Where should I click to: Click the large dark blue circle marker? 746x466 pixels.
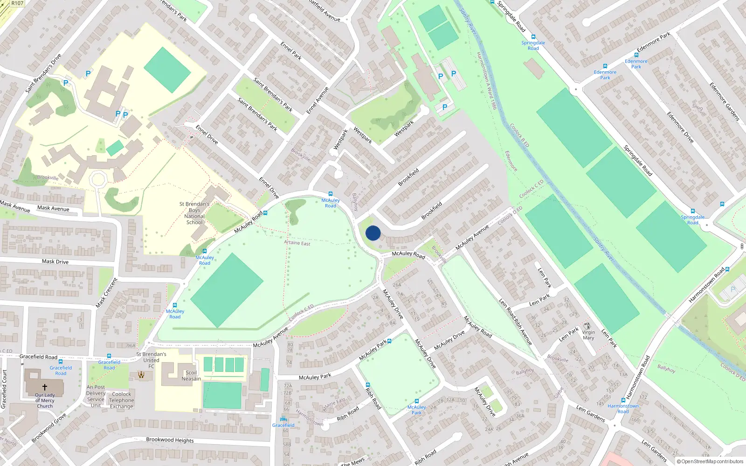pos(373,233)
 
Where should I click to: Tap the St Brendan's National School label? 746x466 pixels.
pos(194,213)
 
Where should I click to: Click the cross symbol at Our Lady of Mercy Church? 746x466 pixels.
pos(45,387)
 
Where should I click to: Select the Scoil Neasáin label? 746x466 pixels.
pos(191,376)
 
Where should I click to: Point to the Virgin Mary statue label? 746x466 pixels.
pos(588,335)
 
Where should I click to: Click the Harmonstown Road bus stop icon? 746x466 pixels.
pos(623,400)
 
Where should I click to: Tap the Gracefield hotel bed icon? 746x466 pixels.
pos(283,418)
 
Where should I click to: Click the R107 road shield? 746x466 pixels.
pos(17,3)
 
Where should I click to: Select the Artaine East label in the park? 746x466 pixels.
pos(297,243)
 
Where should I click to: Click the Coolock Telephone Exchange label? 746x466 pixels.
pos(122,400)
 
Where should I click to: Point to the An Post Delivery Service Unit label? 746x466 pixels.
pos(96,396)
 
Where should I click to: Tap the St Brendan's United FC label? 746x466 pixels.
pos(151,360)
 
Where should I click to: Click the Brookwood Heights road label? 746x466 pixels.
pos(170,439)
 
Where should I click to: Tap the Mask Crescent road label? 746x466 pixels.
pos(106,293)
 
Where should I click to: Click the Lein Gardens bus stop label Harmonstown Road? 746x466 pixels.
pos(623,409)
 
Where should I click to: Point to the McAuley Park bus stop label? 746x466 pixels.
pos(416,410)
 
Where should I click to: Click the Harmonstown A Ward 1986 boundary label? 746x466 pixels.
pos(487,81)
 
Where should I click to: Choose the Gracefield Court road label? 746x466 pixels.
pos(4,389)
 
